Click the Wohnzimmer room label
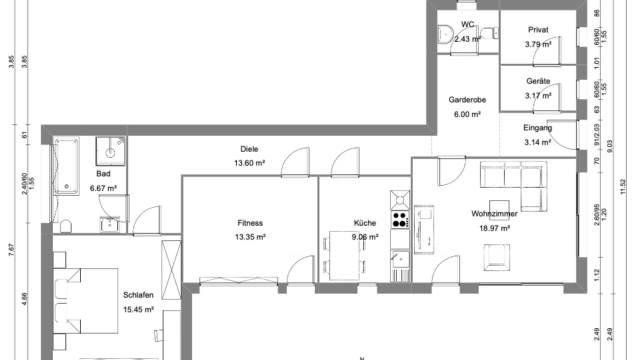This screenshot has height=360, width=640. [494, 213]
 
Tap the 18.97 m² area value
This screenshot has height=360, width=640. [494, 228]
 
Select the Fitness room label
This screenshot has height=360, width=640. [250, 223]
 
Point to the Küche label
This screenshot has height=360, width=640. [365, 223]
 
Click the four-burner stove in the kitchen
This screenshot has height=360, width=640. [400, 219]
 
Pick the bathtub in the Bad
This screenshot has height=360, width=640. [66, 166]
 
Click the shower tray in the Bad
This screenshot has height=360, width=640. [110, 151]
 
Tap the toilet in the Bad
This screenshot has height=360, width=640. [65, 226]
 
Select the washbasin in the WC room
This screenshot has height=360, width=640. [445, 34]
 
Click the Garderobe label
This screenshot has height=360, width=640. [467, 99]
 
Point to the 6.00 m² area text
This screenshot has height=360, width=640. [467, 114]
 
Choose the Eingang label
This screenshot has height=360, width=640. [537, 128]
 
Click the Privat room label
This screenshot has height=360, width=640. [538, 29]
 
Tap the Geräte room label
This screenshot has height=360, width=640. [538, 81]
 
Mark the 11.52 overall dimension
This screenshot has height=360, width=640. [623, 186]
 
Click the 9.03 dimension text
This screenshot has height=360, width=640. [609, 146]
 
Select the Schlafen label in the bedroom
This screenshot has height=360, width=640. [138, 295]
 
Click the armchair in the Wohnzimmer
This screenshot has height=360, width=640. [497, 257]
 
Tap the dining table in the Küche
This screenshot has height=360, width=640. [344, 255]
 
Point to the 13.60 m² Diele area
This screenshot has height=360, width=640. [249, 163]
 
